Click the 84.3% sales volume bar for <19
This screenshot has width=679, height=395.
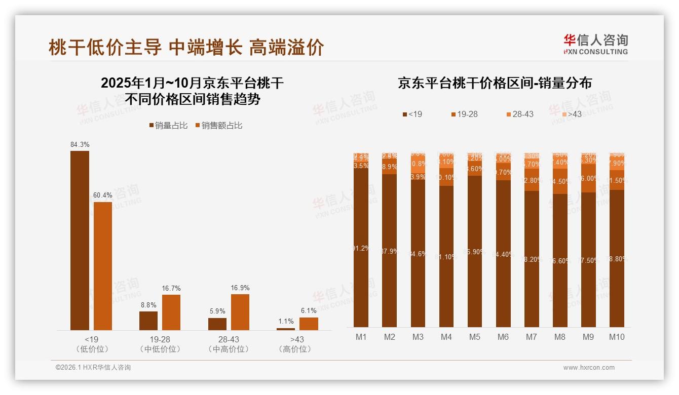click(x=80, y=241)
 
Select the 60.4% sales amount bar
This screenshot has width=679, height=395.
click(x=102, y=266)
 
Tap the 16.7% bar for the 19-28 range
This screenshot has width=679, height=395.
click(x=171, y=312)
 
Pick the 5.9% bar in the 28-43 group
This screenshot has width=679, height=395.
click(x=217, y=324)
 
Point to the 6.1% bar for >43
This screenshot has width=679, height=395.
click(x=309, y=324)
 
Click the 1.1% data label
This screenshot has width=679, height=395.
click(x=286, y=321)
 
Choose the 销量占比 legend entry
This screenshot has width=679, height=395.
click(x=168, y=125)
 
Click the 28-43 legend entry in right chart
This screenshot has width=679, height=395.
click(x=519, y=114)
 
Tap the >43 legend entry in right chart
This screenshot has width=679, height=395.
click(x=571, y=114)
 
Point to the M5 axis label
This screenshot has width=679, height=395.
click(x=474, y=337)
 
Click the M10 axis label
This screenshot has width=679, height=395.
click(x=616, y=337)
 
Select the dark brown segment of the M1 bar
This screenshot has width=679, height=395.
click(x=361, y=248)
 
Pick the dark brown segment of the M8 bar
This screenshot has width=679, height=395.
click(x=560, y=260)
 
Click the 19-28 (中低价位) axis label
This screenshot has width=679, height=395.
click(x=160, y=344)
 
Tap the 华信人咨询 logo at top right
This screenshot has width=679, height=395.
click(x=595, y=44)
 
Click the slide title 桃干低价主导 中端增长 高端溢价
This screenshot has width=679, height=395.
click(x=186, y=48)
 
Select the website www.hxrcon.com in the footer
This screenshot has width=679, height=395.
click(x=589, y=368)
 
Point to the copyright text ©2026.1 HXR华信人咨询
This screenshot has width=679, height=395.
click(x=93, y=368)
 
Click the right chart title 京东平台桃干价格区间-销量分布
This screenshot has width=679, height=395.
click(x=495, y=83)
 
